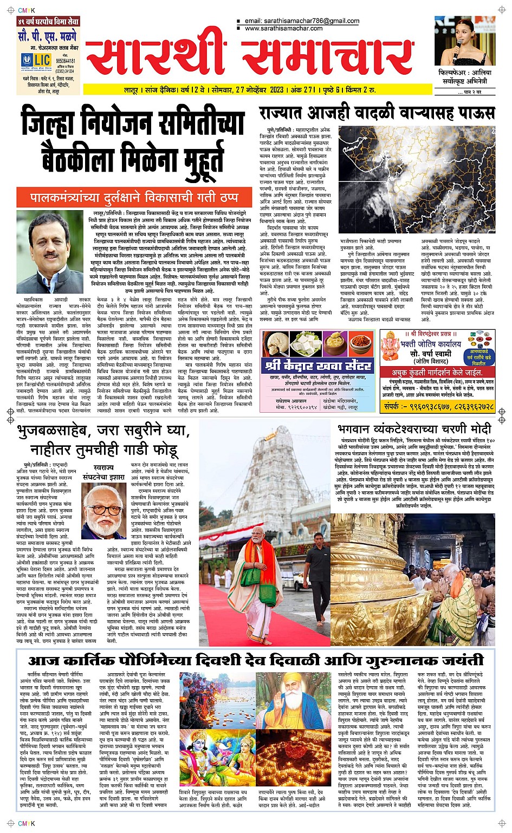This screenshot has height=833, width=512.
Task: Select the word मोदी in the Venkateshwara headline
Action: pos(477,428)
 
